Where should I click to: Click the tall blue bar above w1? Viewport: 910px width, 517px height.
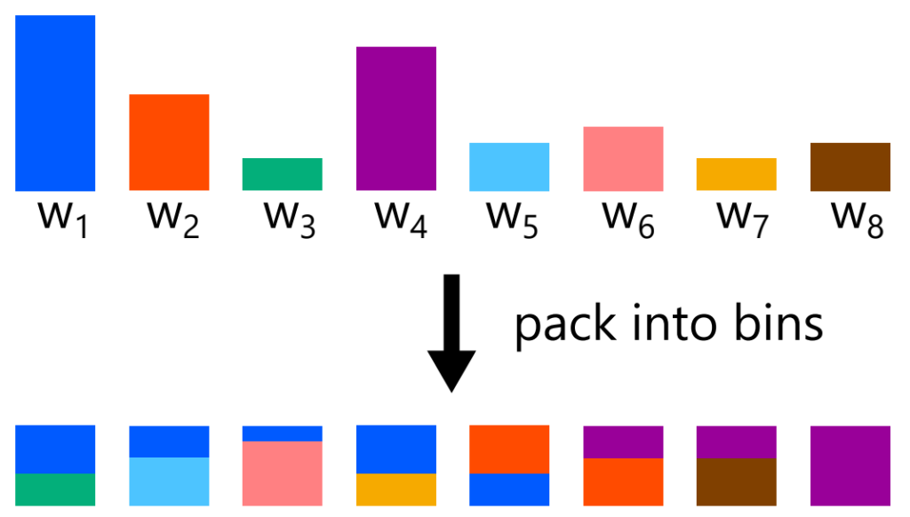click(x=55, y=102)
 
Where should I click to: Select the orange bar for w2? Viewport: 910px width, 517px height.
click(x=169, y=142)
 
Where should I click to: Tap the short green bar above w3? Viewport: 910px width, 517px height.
click(x=282, y=174)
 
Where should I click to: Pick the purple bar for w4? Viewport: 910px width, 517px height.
click(x=395, y=118)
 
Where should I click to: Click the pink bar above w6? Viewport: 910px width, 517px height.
click(x=623, y=158)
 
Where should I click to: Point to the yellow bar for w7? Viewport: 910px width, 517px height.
click(x=736, y=174)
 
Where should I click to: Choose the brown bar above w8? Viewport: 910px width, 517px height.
click(x=850, y=166)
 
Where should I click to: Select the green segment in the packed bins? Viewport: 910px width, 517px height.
click(x=55, y=489)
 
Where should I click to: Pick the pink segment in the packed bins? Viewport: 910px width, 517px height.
click(x=282, y=473)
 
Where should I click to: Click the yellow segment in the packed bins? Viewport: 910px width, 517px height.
click(x=395, y=489)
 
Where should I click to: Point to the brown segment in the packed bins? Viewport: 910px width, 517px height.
click(x=736, y=481)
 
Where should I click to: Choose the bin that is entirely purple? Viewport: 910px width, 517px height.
click(x=850, y=465)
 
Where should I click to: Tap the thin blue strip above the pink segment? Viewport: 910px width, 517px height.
click(x=282, y=433)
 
